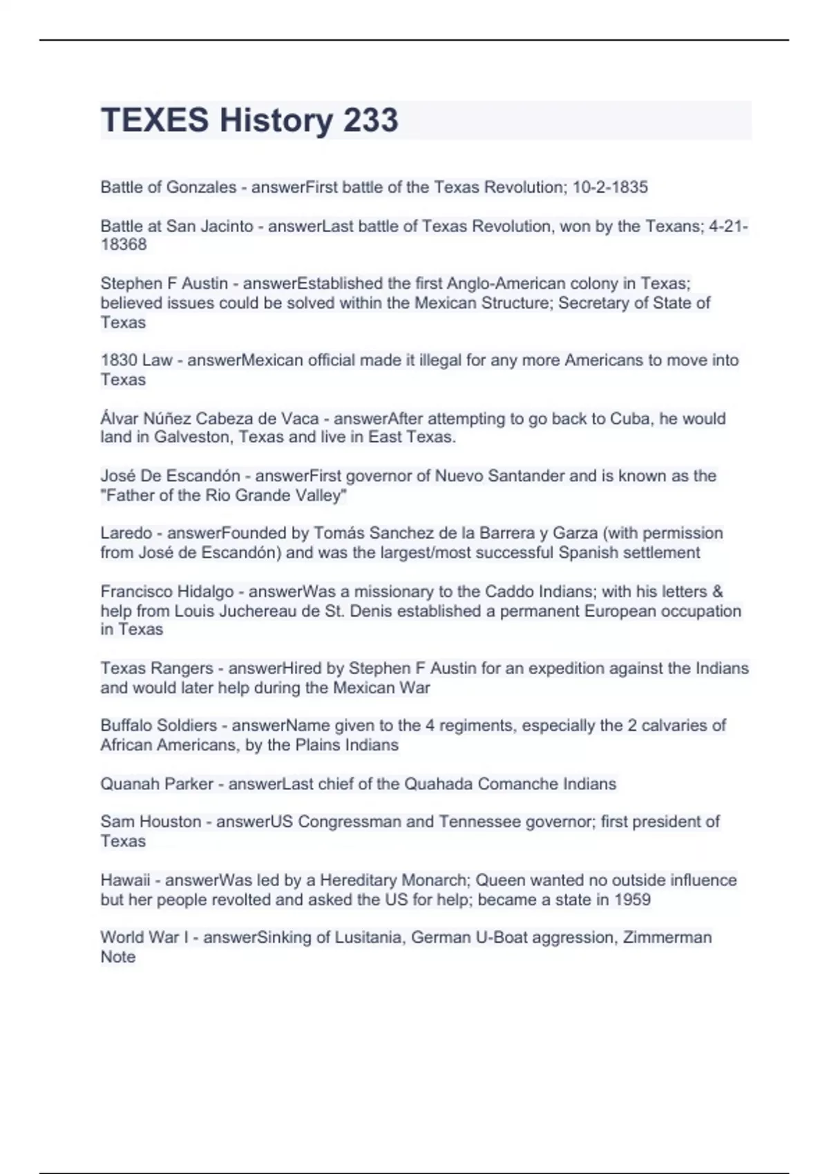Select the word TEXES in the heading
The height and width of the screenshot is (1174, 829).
tap(155, 120)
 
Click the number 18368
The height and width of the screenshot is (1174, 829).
tap(124, 244)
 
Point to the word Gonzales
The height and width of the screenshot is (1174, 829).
tap(204, 187)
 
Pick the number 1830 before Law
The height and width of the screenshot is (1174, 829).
tap(118, 360)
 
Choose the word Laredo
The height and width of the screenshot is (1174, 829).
tap(126, 533)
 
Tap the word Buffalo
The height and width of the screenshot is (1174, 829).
tap(126, 726)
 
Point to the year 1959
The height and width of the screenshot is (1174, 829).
tap(632, 900)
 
